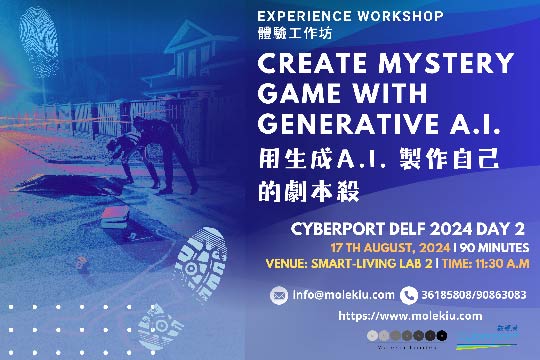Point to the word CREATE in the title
tap(308, 64)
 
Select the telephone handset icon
tap(408, 295)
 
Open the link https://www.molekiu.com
tap(395, 316)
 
